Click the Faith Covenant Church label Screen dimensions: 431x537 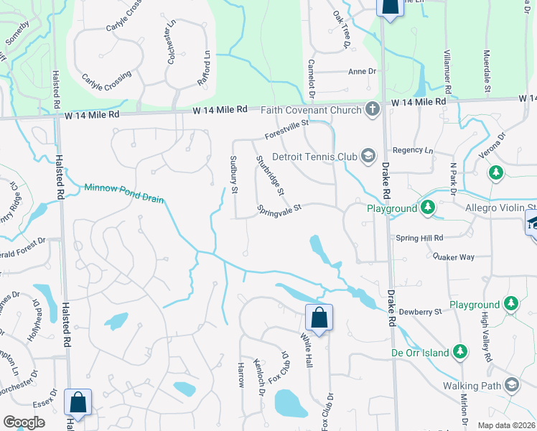[x=312, y=110]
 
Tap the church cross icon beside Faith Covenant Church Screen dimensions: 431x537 [x=372, y=110]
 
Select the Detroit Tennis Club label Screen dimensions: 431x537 [x=314, y=156]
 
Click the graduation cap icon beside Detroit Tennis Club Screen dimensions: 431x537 [x=368, y=156]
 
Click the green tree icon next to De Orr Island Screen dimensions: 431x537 [x=460, y=353]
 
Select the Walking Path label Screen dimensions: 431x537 [x=470, y=386]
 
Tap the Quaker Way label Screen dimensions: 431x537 [x=454, y=256]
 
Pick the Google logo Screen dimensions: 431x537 [x=24, y=422]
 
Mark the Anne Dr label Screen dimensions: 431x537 [x=362, y=71]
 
